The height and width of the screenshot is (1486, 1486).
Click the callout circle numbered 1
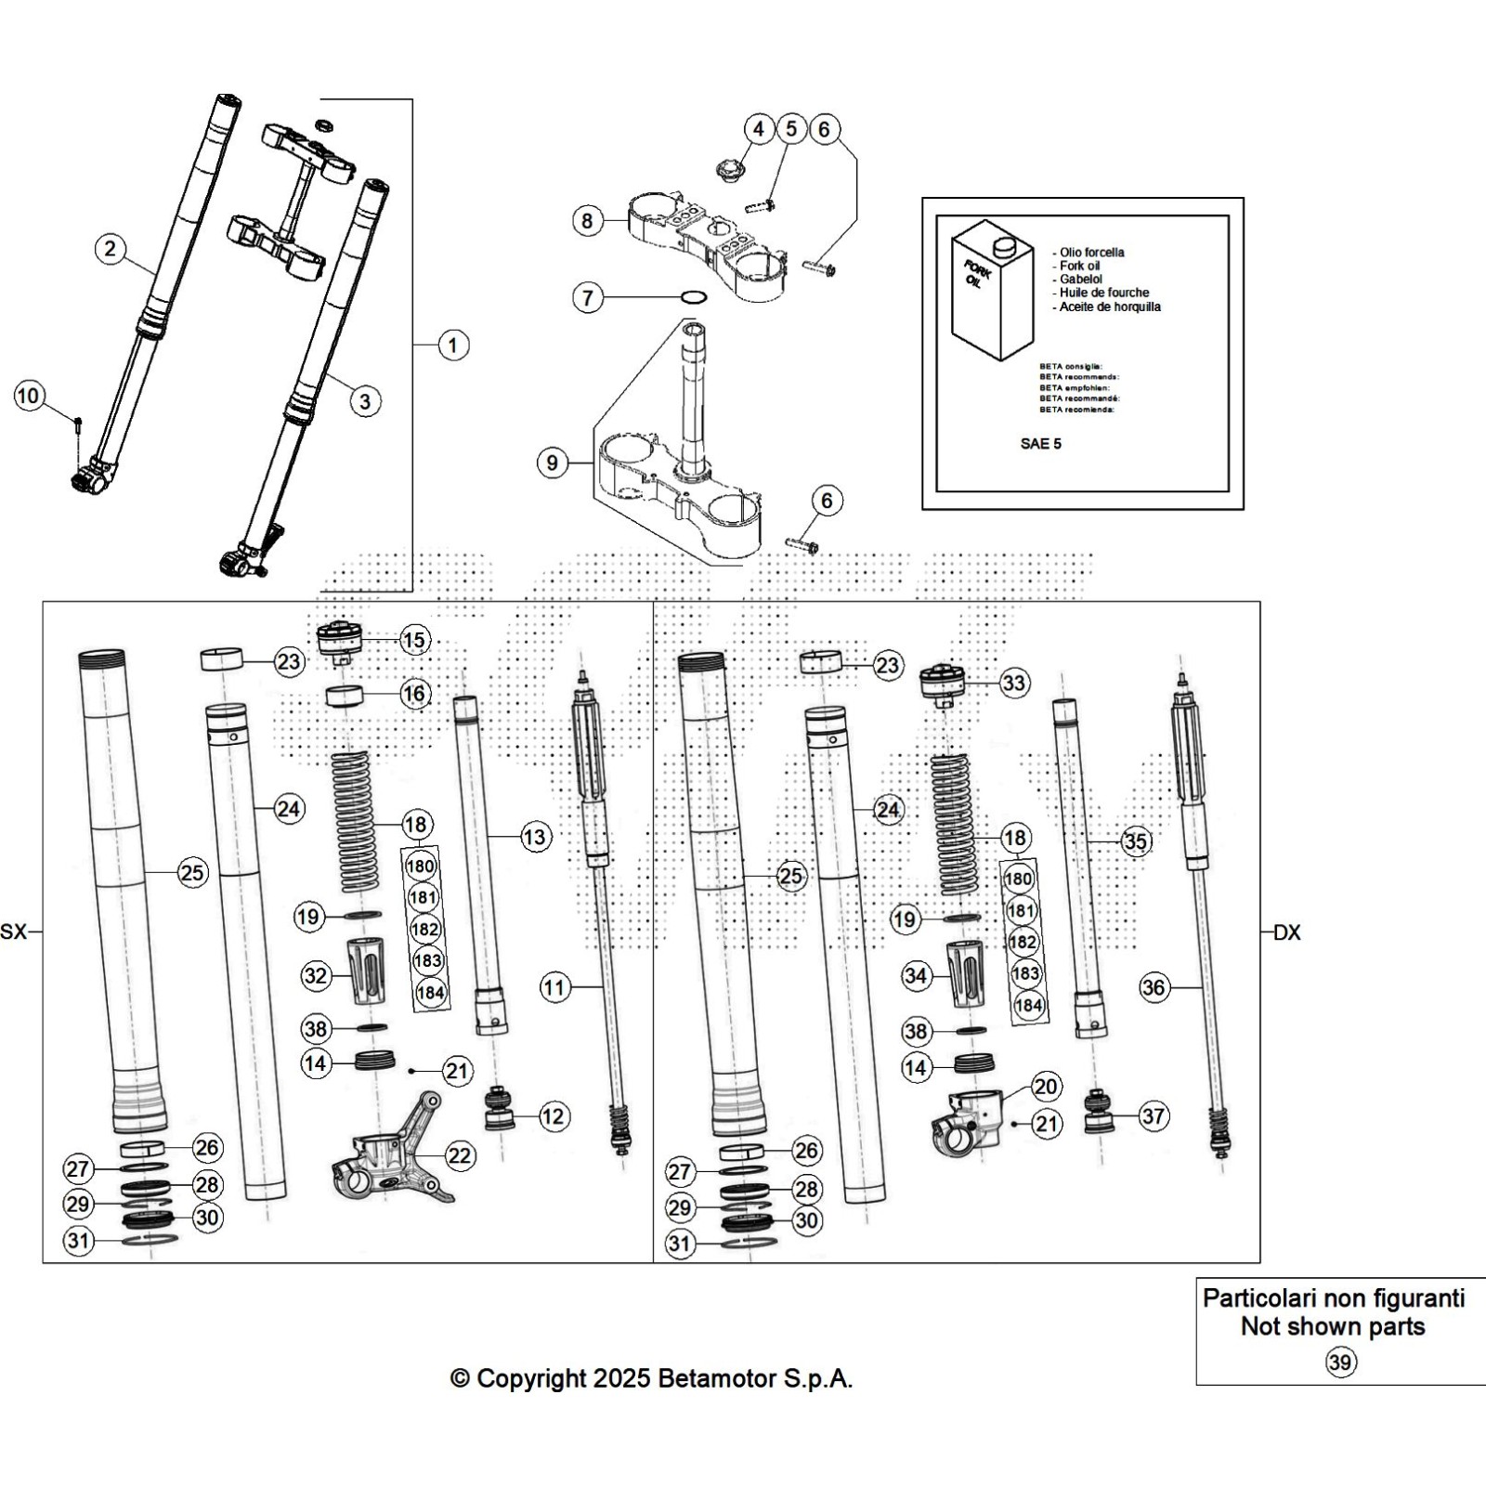452,345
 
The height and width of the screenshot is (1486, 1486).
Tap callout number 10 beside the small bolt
29,397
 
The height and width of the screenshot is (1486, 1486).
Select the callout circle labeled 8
587,221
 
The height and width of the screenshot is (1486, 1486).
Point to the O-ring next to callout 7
692,298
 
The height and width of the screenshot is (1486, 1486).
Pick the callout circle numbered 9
553,463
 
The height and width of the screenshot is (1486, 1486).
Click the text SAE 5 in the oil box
1040,444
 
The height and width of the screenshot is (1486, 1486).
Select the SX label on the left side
14,932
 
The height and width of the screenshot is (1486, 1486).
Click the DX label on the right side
1286,932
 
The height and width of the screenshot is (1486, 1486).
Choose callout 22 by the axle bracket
460,1155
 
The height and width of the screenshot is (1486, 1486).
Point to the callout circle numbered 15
414,640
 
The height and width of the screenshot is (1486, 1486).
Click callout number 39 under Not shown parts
1340,1362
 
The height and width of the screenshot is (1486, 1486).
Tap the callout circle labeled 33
1014,684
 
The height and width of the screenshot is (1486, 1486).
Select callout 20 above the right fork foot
1046,1087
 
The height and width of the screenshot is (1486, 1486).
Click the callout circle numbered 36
1154,987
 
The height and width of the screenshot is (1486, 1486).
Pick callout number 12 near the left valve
554,1116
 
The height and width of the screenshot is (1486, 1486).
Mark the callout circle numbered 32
316,975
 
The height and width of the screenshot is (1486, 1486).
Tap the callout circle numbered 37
1154,1115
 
